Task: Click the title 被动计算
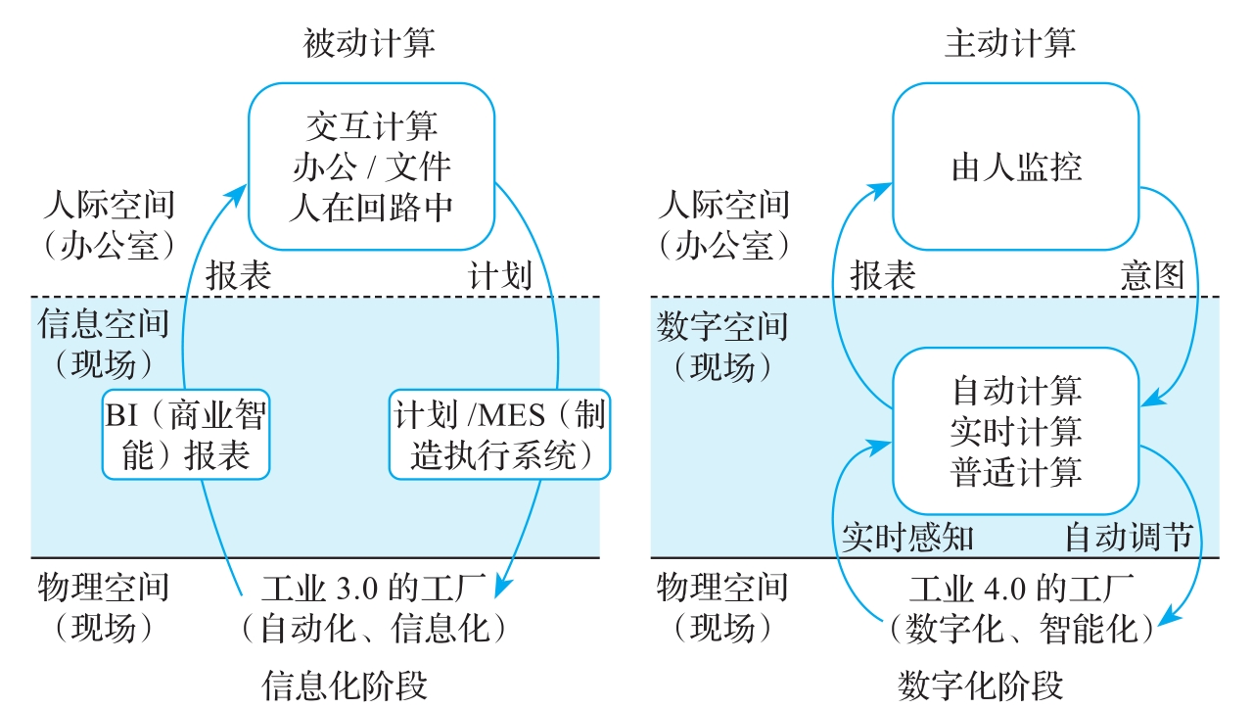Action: click(x=369, y=44)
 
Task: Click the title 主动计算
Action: click(x=1010, y=44)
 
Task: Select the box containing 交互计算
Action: click(x=372, y=166)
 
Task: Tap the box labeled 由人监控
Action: click(x=1016, y=166)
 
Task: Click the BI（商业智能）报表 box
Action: click(x=186, y=435)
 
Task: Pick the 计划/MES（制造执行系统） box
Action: click(x=499, y=435)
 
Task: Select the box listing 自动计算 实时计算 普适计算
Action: click(x=1016, y=431)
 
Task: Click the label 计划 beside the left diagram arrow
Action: click(x=500, y=275)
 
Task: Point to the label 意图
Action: click(x=1152, y=275)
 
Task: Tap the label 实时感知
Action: click(x=908, y=538)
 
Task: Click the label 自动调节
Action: click(x=1129, y=538)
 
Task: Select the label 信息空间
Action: click(x=104, y=324)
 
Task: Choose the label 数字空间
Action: click(x=722, y=326)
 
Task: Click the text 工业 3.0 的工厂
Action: click(x=374, y=588)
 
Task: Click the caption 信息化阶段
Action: click(x=345, y=685)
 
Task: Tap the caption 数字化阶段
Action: click(x=981, y=685)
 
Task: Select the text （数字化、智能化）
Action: click(x=1022, y=629)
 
